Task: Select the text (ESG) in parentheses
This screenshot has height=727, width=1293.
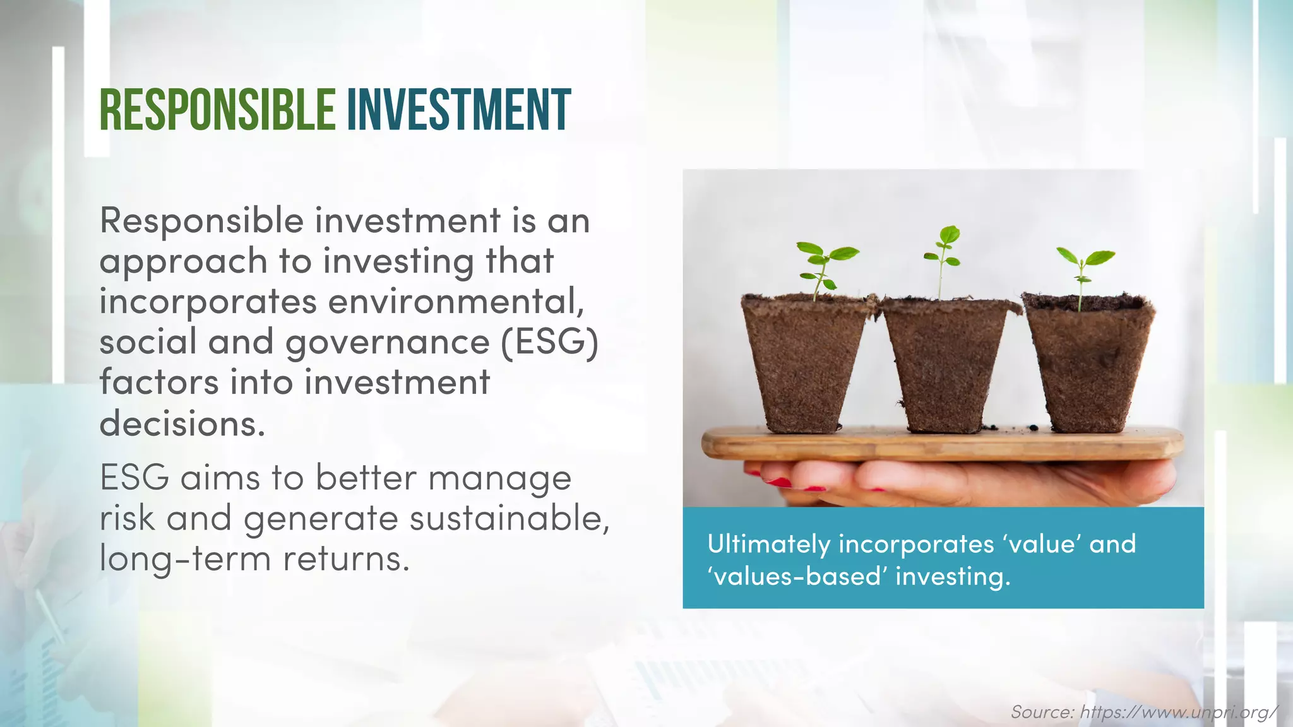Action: coord(550,343)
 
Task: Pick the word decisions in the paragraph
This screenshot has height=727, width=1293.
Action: coord(182,423)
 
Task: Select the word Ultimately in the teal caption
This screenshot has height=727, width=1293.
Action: coord(768,544)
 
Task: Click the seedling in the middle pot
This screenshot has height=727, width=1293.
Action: coord(943,256)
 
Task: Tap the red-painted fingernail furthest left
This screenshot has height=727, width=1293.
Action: coord(777,482)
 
